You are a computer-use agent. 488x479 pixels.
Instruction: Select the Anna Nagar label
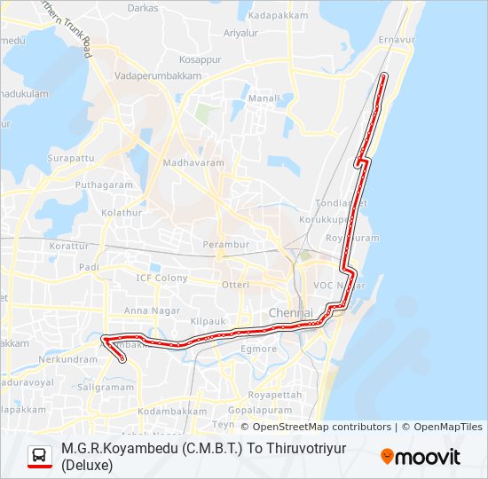(x=146, y=310)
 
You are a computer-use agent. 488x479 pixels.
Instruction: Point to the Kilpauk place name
(x=208, y=318)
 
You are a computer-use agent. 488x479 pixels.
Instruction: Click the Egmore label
(x=260, y=349)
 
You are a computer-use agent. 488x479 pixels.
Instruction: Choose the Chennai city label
(x=290, y=315)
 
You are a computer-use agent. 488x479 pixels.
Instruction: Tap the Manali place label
(x=264, y=98)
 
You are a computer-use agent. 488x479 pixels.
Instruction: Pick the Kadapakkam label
(x=278, y=16)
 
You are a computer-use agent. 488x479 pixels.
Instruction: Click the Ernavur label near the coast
(x=397, y=41)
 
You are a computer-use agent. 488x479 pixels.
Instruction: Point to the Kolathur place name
(x=122, y=213)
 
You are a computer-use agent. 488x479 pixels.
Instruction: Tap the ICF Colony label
(x=161, y=278)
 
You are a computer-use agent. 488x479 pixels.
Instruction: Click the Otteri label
(x=235, y=285)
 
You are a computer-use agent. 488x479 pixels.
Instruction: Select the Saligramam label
(x=106, y=388)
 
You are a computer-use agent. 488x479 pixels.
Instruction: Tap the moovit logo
(x=421, y=457)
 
